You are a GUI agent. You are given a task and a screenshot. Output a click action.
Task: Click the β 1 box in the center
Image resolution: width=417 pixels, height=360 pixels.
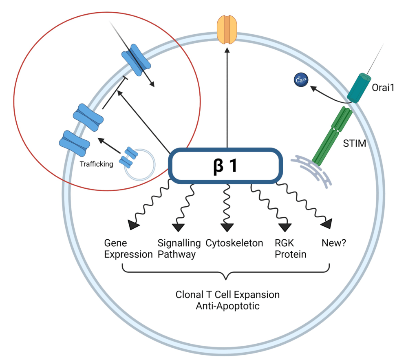(226, 166)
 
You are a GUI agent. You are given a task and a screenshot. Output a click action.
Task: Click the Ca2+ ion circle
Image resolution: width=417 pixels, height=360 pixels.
(301, 80)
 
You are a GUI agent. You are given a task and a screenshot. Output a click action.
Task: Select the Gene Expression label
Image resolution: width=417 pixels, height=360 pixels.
(122, 249)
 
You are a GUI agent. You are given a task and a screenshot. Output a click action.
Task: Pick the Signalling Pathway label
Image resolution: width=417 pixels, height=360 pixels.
(179, 249)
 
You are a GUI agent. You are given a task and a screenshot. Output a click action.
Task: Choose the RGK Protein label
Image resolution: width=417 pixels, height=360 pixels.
(290, 249)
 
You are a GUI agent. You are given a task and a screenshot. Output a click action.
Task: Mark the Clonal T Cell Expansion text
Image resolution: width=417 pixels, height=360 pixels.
(227, 294)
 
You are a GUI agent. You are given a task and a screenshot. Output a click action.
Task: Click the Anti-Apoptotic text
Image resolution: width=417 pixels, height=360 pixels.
(227, 305)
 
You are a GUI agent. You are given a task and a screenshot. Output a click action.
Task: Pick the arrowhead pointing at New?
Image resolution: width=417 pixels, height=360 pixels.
(327, 223)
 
